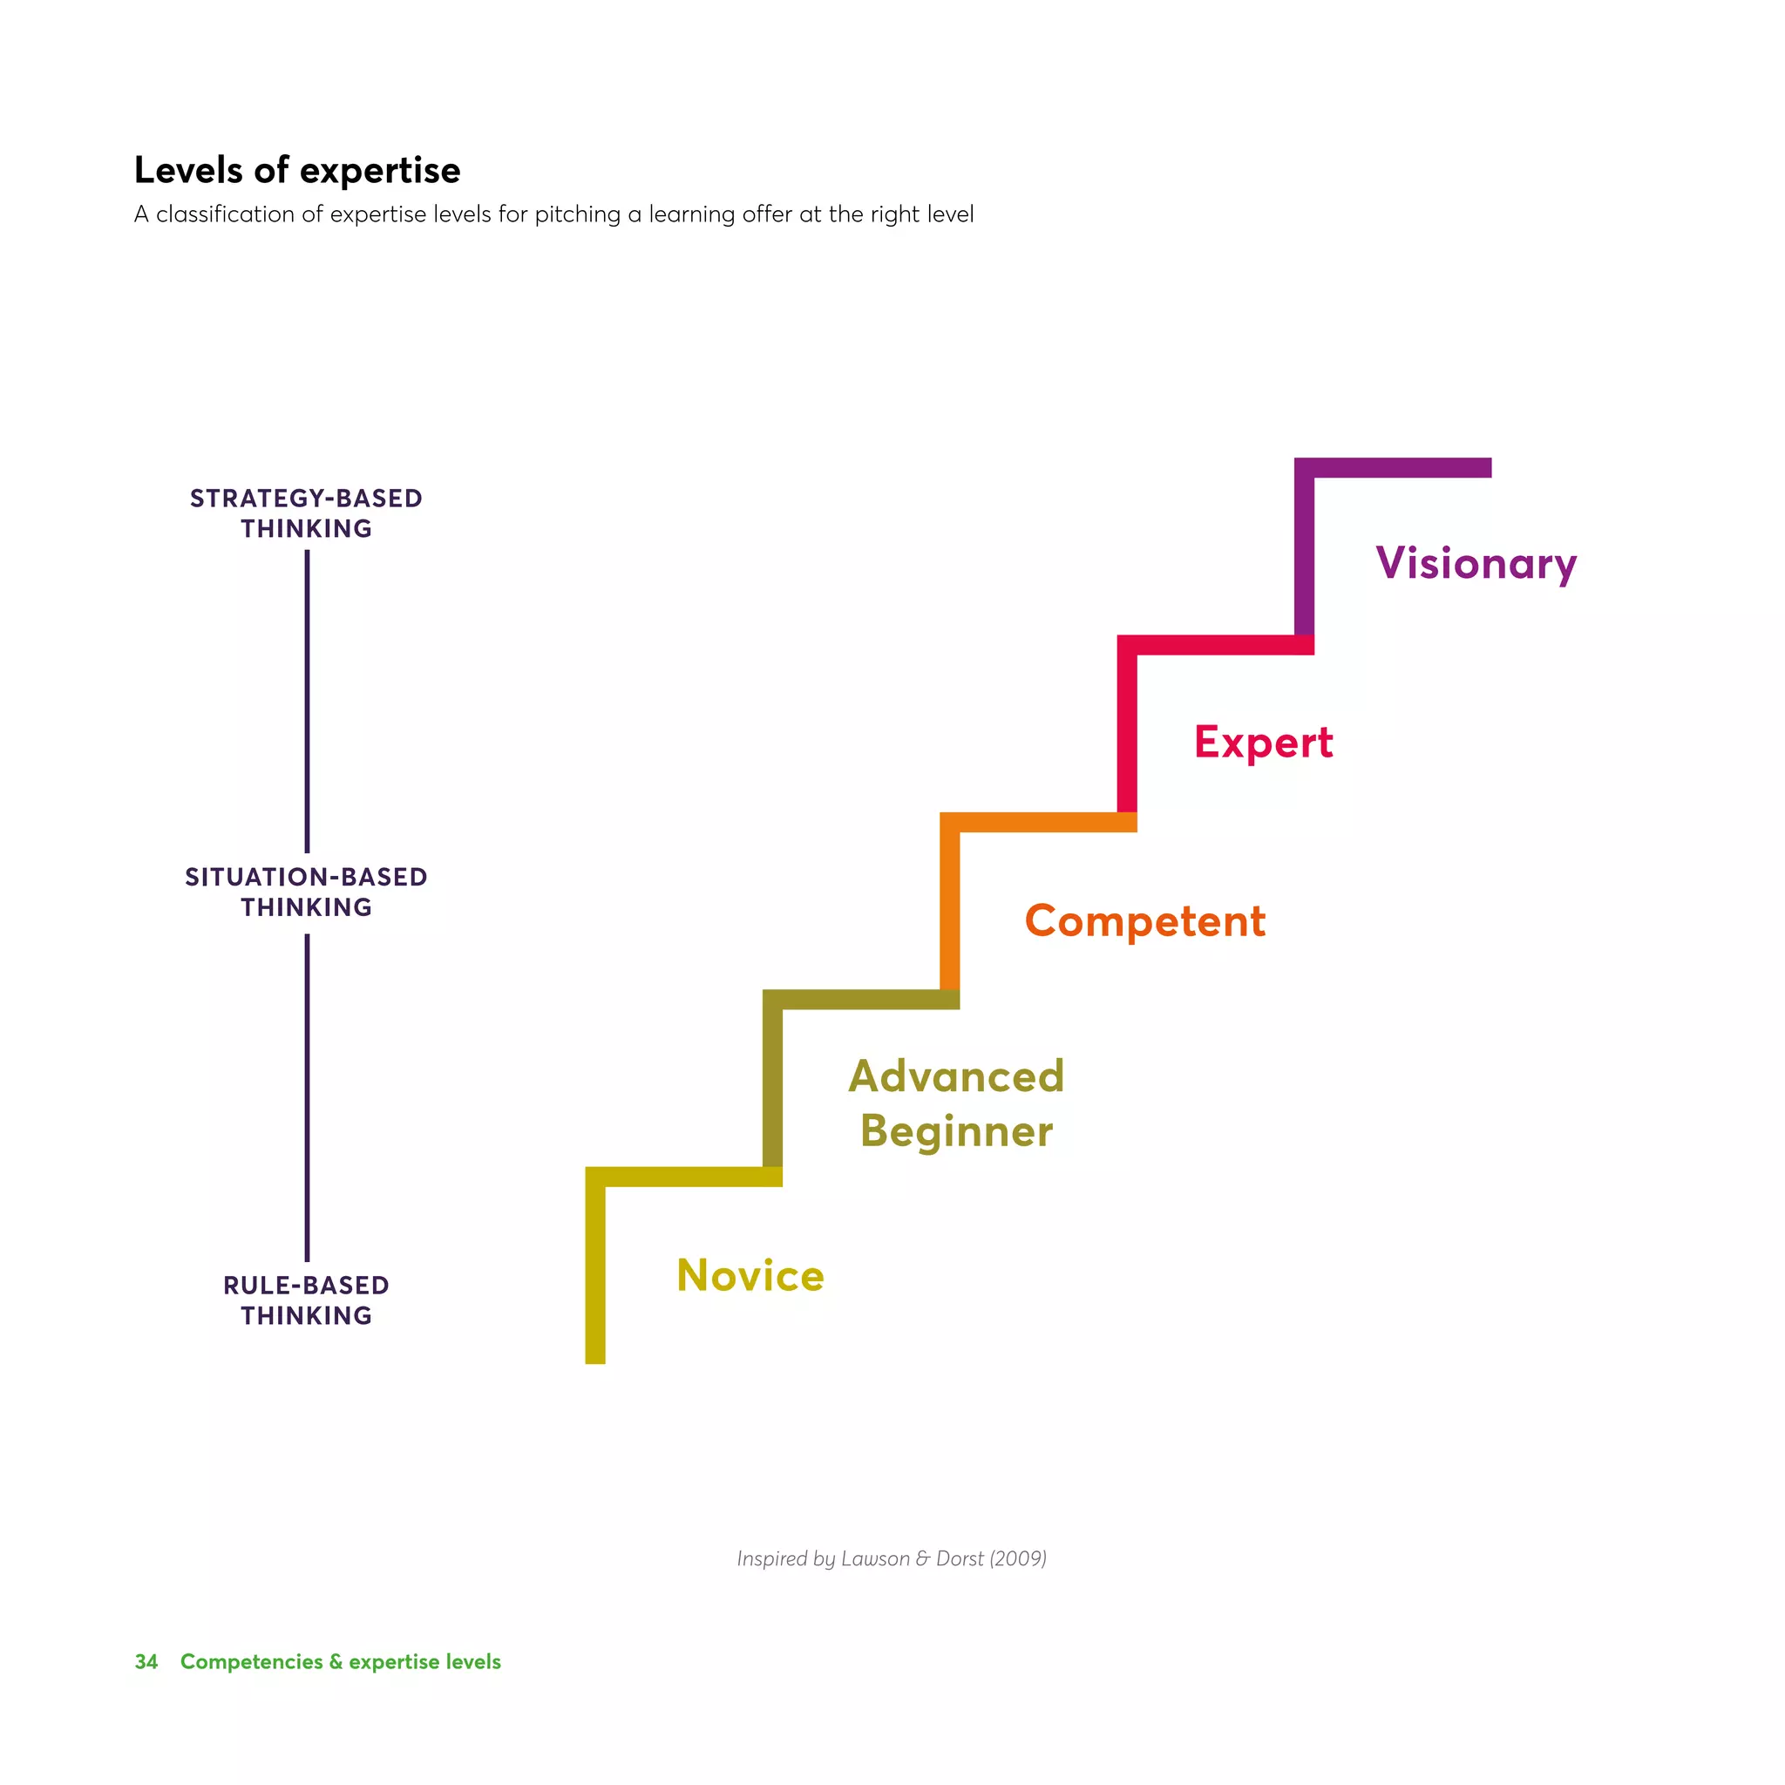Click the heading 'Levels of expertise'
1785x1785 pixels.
pos(296,171)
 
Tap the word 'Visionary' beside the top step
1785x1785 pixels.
pos(1476,564)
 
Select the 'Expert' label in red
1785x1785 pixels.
pos(1263,743)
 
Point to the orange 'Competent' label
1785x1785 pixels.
pos(1144,922)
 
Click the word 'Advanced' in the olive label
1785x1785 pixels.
pos(956,1076)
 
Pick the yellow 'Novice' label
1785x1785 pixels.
pos(750,1276)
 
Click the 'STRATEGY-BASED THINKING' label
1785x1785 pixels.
pos(307,513)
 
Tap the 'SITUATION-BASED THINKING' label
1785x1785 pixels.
pos(307,892)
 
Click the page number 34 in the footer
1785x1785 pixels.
pos(146,1661)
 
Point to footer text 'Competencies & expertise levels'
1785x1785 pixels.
pos(340,1661)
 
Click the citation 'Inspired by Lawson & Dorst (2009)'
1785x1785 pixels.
pos(892,1558)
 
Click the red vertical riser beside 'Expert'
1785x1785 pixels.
pos(1127,730)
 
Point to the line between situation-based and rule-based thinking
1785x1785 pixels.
pos(307,1097)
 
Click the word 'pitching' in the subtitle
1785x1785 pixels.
pos(578,214)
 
